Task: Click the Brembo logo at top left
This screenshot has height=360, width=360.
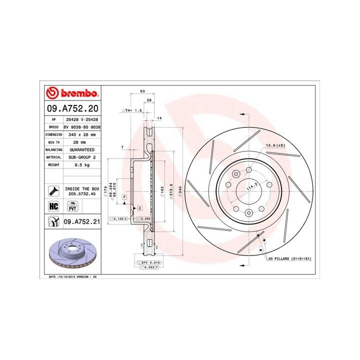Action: point(72,93)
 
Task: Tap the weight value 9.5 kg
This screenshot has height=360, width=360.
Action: point(82,164)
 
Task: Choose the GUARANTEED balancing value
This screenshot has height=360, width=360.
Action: point(82,149)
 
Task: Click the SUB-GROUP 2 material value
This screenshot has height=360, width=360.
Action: point(82,156)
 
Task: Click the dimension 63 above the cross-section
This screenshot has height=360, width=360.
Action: point(142,91)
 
